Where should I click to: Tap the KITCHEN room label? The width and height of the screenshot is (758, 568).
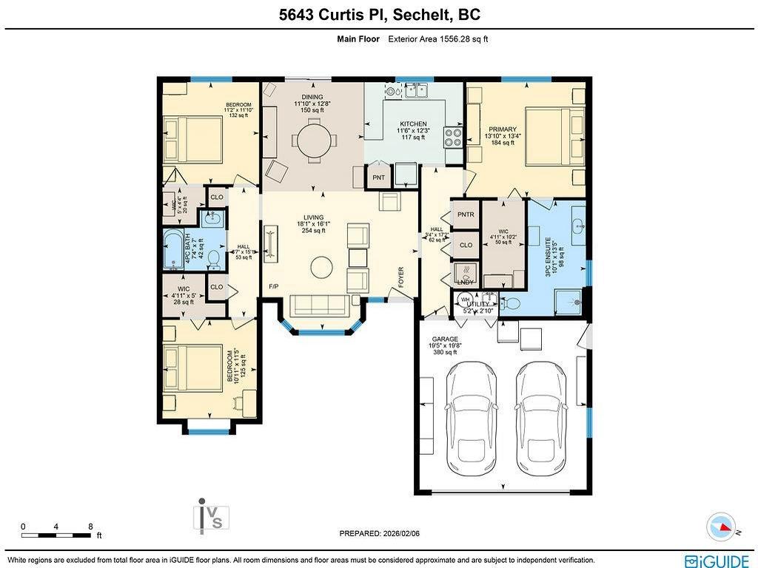click(413, 124)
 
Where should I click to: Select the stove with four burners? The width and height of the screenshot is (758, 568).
click(452, 137)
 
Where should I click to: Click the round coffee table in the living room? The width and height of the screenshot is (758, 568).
click(322, 267)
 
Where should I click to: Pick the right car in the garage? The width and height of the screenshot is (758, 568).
click(540, 418)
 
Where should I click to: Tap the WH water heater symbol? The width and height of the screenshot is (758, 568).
click(466, 300)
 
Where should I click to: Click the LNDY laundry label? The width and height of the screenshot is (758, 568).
click(466, 282)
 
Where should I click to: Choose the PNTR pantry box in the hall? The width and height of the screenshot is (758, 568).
click(466, 214)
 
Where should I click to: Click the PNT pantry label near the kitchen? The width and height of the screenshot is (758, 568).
click(379, 177)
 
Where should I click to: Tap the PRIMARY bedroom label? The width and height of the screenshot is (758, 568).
click(502, 129)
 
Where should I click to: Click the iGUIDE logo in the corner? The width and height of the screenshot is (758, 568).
click(717, 561)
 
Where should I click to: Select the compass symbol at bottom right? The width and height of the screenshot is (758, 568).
click(721, 527)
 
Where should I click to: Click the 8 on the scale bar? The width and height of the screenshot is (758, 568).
click(90, 527)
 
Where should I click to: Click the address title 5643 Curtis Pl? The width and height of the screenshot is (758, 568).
click(378, 15)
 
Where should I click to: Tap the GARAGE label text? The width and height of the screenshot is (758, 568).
click(445, 339)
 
